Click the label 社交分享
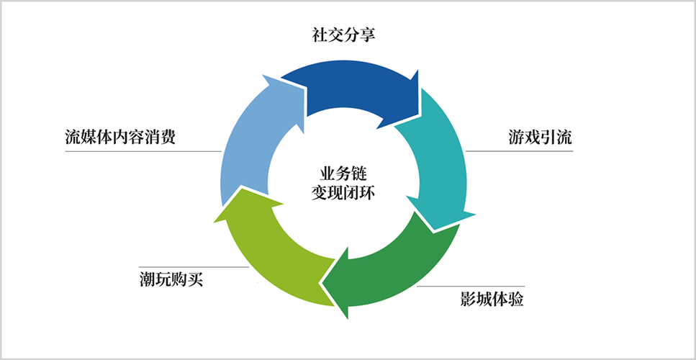coord(343,35)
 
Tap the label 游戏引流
coord(539,138)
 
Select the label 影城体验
coord(492,299)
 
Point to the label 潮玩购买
coord(172,278)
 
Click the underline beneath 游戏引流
coord(518,151)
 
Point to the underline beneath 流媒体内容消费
coord(144,151)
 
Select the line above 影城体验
coord(475,287)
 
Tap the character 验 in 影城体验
coord(515,299)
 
